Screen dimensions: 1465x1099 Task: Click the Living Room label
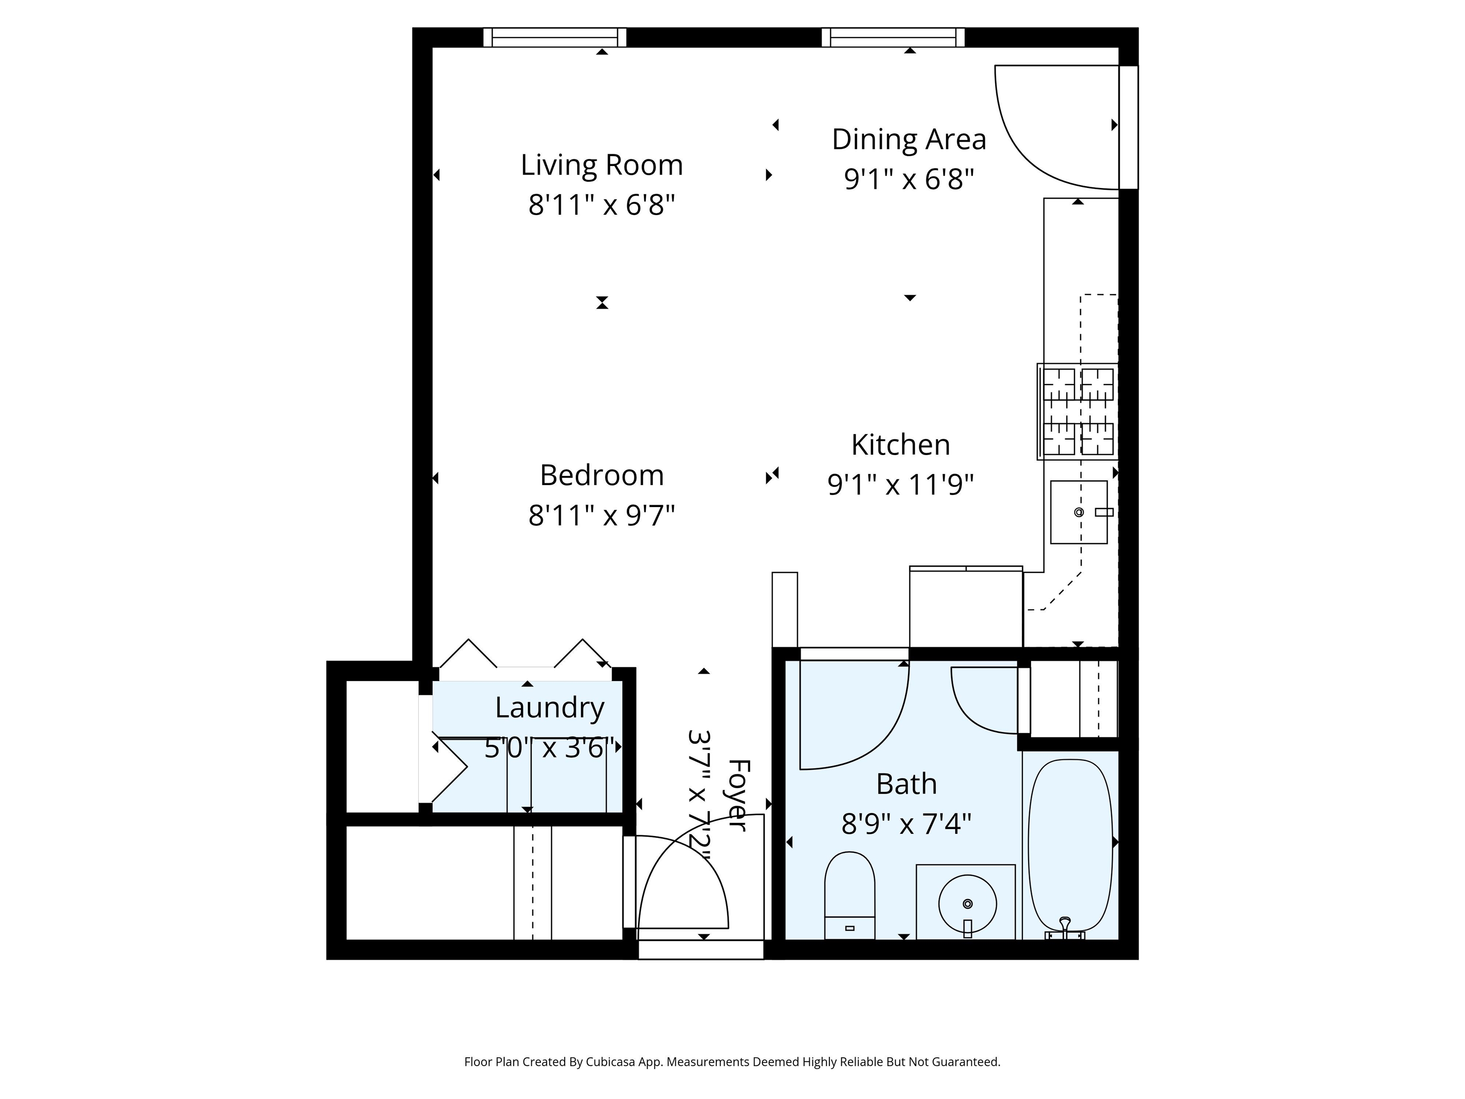point(601,165)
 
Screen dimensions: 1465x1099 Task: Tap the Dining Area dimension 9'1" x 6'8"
point(908,179)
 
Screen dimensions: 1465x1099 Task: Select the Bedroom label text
point(601,475)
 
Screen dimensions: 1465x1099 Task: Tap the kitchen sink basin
point(1078,512)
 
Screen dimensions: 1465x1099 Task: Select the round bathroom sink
point(967,903)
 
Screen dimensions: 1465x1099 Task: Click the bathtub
point(1070,845)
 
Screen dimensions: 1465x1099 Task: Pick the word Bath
point(906,784)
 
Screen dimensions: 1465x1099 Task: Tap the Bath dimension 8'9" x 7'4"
point(906,825)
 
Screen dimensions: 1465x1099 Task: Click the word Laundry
point(550,709)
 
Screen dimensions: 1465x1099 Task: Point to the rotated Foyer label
point(738,795)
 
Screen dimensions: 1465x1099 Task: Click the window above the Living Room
point(554,38)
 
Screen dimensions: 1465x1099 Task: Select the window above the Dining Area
point(893,38)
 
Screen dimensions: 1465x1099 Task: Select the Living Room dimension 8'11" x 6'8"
point(601,206)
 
